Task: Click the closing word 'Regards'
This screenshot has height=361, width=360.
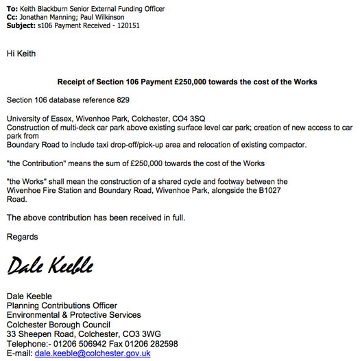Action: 23,237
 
